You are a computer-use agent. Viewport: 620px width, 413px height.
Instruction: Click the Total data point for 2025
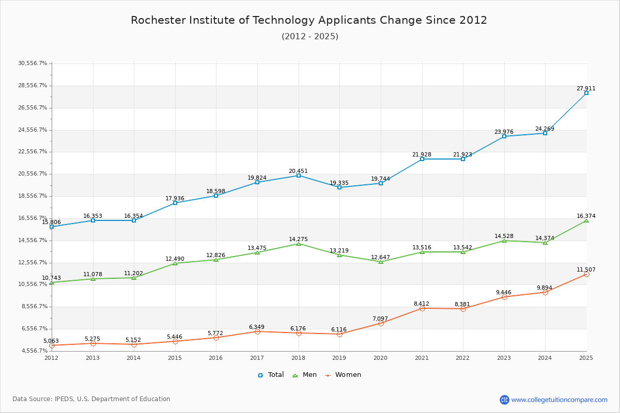click(x=586, y=93)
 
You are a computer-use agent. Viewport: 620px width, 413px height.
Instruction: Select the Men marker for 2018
click(x=299, y=244)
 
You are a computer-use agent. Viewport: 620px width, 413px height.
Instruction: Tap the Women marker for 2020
click(x=381, y=323)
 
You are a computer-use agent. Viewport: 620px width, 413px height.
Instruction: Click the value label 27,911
click(x=586, y=88)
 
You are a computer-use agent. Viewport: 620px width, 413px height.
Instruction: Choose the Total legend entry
click(x=271, y=375)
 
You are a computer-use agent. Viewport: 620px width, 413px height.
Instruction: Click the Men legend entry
click(x=304, y=375)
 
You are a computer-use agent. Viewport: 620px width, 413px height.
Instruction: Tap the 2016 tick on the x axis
click(x=216, y=358)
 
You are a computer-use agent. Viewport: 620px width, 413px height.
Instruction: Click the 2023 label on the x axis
click(x=504, y=358)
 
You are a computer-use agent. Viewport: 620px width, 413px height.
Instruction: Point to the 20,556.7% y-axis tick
click(x=33, y=173)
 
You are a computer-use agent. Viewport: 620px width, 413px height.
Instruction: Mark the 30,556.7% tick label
click(x=33, y=63)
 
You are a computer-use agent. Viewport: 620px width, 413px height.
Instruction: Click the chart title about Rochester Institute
click(x=309, y=20)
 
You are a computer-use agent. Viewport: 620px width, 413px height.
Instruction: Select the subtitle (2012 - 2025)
click(x=310, y=36)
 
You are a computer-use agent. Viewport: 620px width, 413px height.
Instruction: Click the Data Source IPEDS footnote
click(x=91, y=399)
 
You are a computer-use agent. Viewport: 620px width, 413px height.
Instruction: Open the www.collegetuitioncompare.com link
click(x=559, y=400)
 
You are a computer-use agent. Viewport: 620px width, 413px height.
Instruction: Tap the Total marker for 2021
click(x=422, y=159)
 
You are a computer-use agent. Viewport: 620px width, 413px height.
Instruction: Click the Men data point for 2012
click(x=52, y=282)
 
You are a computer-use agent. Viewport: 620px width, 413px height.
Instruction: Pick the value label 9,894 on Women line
click(x=545, y=288)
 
